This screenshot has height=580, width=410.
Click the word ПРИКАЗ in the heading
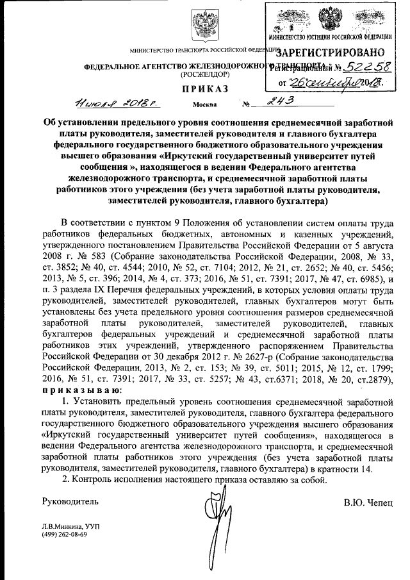pyautogui.click(x=204, y=88)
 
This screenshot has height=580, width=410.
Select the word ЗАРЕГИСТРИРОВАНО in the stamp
pyautogui.click(x=332, y=52)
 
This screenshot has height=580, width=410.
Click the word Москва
pyautogui.click(x=205, y=104)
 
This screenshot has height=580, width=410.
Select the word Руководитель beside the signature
pyautogui.click(x=70, y=499)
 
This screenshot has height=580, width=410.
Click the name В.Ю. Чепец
pyautogui.click(x=368, y=499)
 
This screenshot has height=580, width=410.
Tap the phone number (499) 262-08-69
pyautogui.click(x=66, y=535)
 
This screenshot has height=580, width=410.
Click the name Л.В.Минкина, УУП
pyautogui.click(x=70, y=526)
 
